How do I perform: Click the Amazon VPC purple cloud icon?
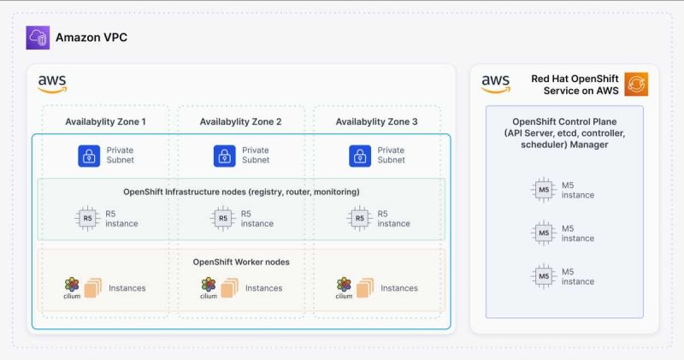[38, 38]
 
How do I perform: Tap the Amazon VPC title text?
[91, 38]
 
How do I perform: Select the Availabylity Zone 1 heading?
[105, 122]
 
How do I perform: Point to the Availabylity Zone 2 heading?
[240, 122]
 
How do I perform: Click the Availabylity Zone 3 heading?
[377, 122]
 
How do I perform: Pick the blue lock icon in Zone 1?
[89, 156]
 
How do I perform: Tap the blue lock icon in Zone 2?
[224, 156]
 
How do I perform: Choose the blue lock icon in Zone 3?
[360, 156]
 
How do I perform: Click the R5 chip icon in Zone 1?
[88, 218]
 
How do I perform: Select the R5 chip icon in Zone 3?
[360, 218]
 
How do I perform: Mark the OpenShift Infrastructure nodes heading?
[240, 192]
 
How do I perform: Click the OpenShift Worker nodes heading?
[241, 261]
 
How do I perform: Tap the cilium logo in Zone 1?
[72, 287]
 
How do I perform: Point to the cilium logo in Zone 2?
[208, 287]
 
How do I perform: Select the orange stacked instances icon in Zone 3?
[363, 287]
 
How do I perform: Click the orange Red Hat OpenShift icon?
[636, 84]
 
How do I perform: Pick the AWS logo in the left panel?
[52, 83]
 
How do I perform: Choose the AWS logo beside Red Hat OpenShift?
[496, 83]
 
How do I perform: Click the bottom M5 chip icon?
[543, 276]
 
